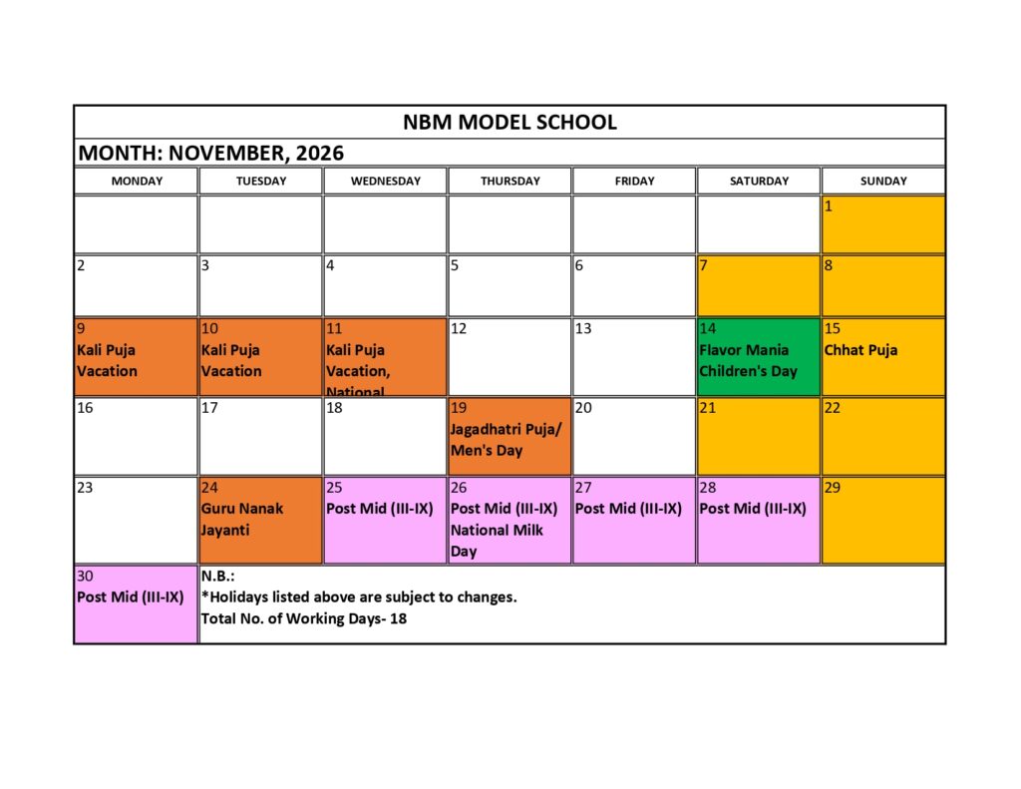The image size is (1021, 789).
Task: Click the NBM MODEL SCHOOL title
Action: click(510, 123)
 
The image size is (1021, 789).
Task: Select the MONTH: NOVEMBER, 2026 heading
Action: click(211, 153)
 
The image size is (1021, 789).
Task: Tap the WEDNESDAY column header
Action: click(385, 181)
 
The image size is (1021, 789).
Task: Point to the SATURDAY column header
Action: click(759, 181)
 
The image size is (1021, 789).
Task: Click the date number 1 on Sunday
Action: click(829, 206)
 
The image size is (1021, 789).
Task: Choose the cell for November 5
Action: click(510, 285)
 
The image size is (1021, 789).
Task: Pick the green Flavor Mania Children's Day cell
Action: click(759, 356)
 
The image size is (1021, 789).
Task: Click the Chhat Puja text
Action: click(860, 350)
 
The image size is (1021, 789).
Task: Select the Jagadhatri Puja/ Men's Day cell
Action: click(510, 436)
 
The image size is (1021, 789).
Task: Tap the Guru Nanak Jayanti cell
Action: click(260, 520)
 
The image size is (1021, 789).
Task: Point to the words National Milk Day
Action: click(497, 541)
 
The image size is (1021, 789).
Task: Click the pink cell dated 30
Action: click(136, 604)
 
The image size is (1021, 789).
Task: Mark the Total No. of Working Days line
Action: click(304, 618)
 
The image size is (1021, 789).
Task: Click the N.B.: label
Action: click(217, 576)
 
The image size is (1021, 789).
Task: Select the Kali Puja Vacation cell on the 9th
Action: click(136, 356)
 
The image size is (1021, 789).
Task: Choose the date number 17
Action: click(209, 407)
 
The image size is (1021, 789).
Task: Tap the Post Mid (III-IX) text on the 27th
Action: click(628, 509)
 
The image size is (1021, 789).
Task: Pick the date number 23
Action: click(86, 487)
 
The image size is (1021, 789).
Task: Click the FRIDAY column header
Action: click(634, 181)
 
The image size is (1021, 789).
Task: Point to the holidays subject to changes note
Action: click(359, 596)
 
